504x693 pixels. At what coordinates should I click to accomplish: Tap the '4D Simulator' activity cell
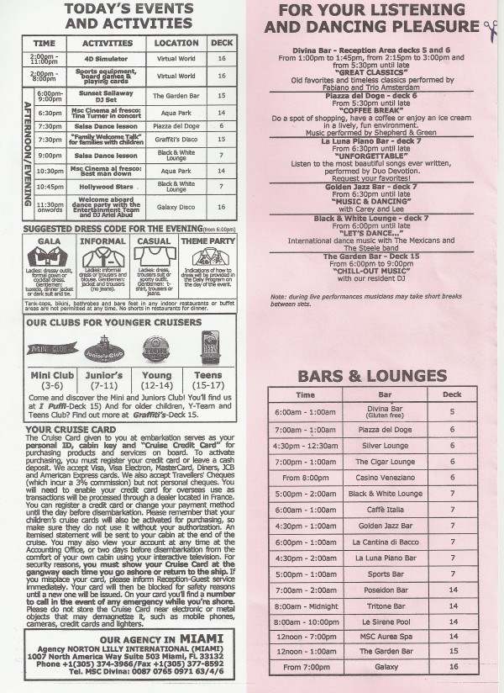click(x=106, y=58)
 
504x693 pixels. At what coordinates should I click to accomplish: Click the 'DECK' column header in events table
click(x=222, y=41)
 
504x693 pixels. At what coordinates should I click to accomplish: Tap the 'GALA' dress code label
click(x=49, y=240)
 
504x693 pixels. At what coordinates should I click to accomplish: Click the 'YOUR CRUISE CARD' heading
click(x=64, y=429)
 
